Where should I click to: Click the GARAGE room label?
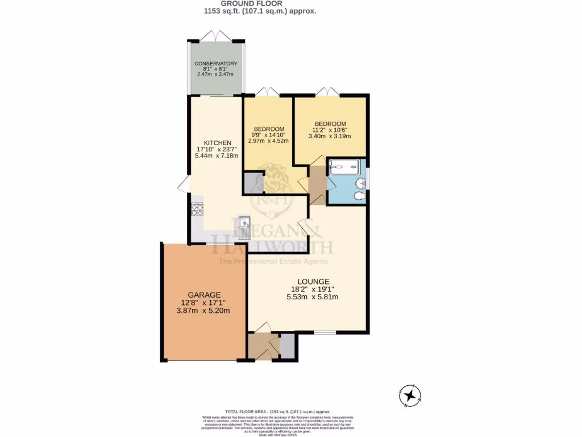205,295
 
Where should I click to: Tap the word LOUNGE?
313,282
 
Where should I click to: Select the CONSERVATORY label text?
215,63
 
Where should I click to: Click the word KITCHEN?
217,143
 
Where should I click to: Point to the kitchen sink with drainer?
245,228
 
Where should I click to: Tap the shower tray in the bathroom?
344,167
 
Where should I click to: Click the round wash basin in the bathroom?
359,183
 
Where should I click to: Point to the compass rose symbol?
410,395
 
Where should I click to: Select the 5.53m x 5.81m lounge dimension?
313,296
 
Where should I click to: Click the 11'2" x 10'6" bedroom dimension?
330,129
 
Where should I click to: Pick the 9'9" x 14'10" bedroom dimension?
271,135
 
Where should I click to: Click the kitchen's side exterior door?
184,184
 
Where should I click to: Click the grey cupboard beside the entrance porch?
288,347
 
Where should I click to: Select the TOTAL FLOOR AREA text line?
278,411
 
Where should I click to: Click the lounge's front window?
325,332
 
